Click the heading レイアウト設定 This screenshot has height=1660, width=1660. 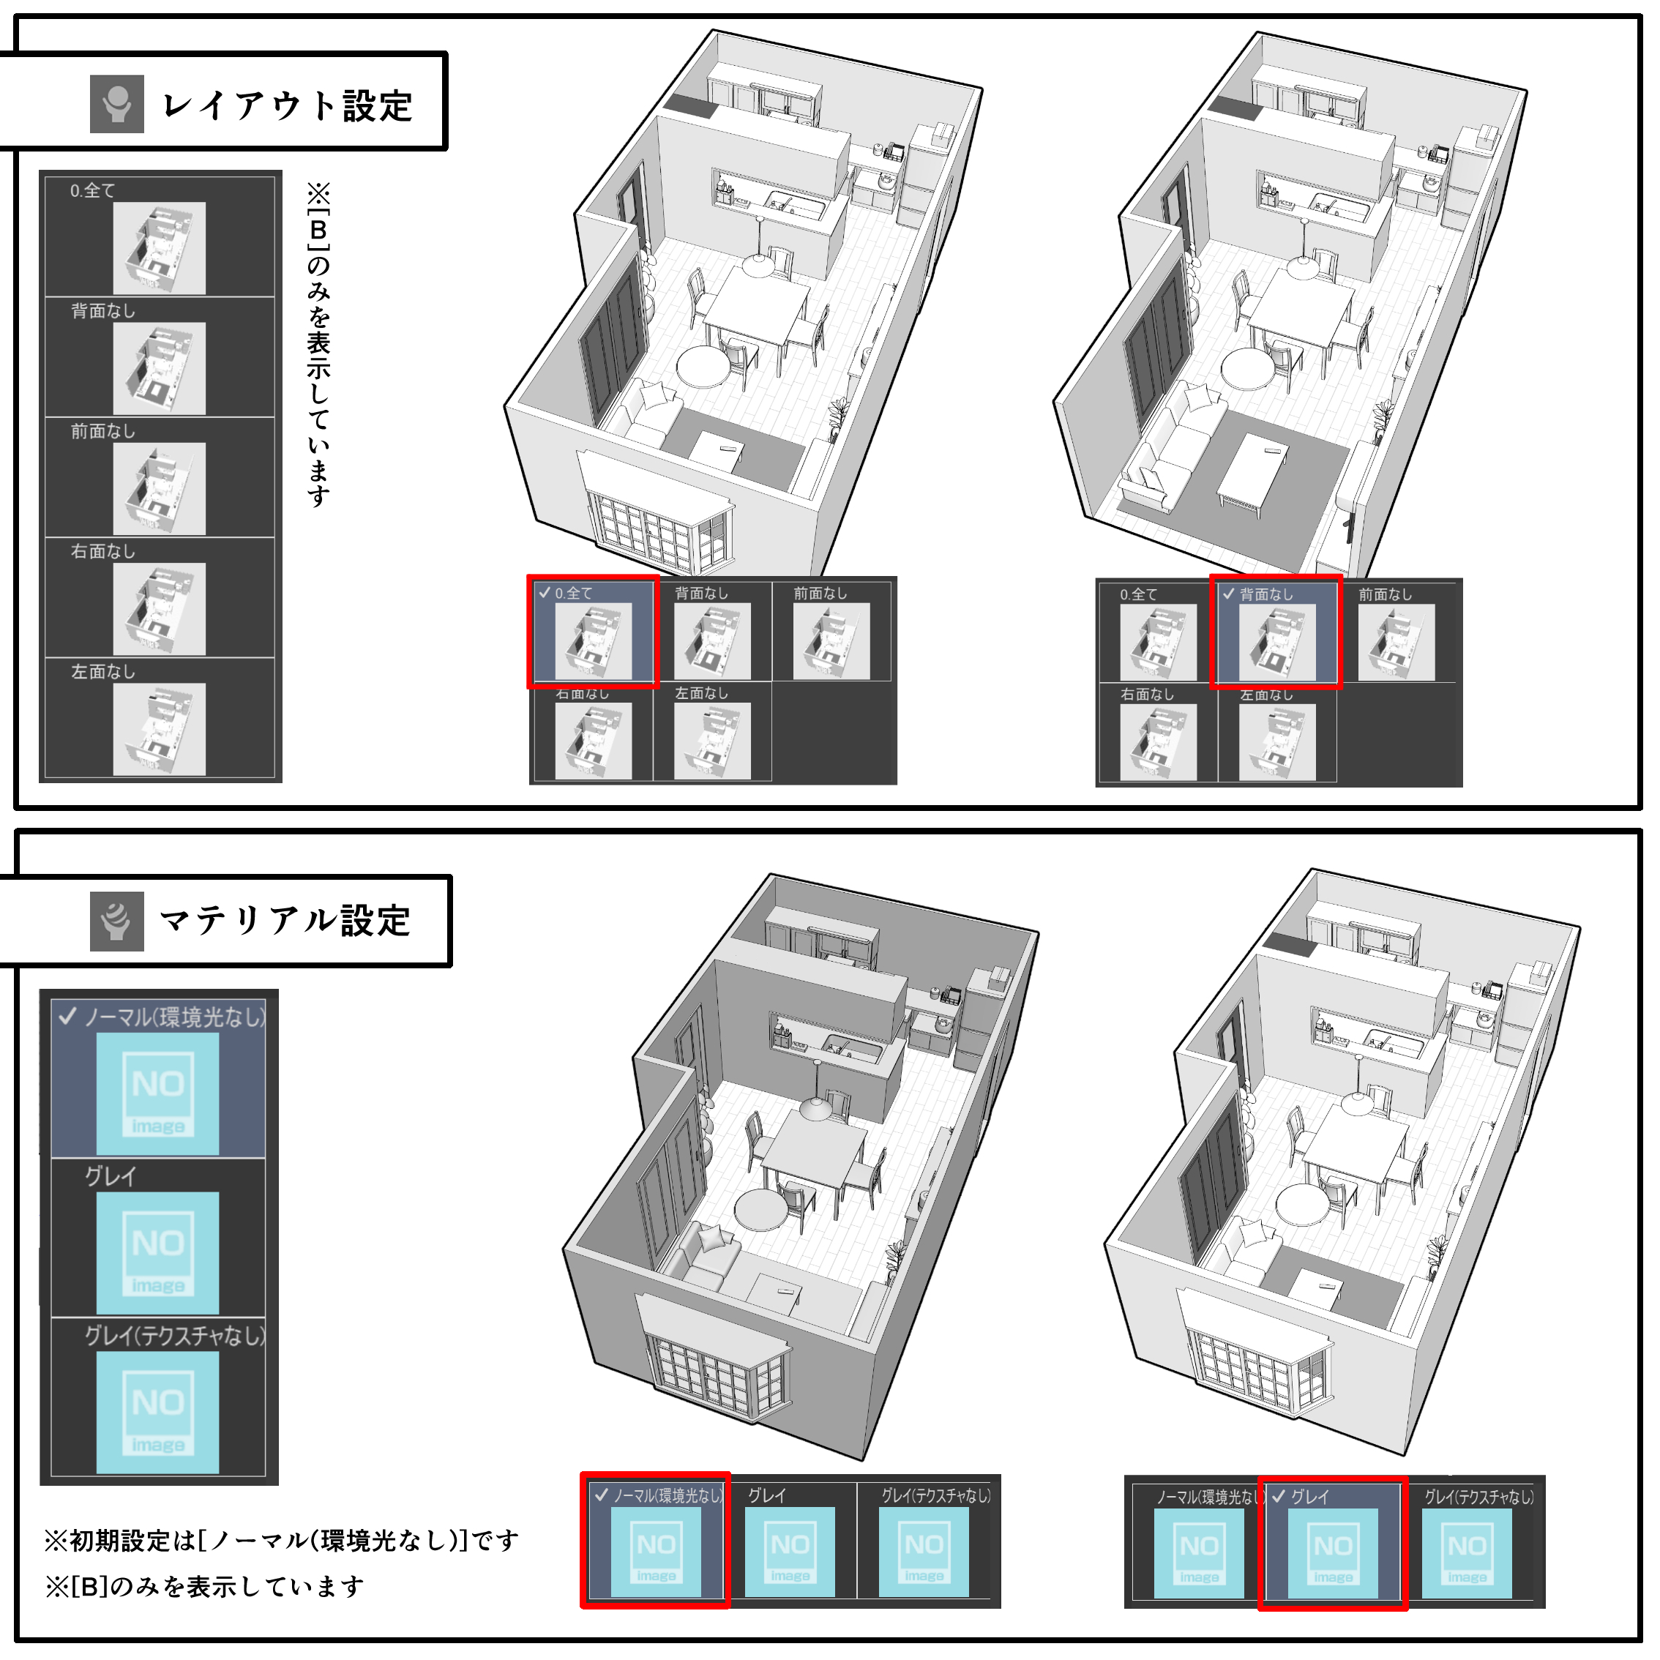tap(287, 105)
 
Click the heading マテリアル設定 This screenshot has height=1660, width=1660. tap(285, 920)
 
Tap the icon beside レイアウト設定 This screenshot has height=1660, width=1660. tap(117, 104)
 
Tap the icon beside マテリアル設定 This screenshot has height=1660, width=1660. tap(117, 921)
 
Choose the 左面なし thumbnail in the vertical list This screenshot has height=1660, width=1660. tap(159, 728)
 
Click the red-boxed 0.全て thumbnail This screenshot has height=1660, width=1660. tap(593, 641)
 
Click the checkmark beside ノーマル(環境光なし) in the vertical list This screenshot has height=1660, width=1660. tap(68, 1017)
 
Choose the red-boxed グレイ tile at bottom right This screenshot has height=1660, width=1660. tap(1333, 1552)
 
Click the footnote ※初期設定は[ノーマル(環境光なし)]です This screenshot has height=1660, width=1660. tap(282, 1541)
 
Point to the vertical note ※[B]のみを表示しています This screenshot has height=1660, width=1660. tap(319, 344)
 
